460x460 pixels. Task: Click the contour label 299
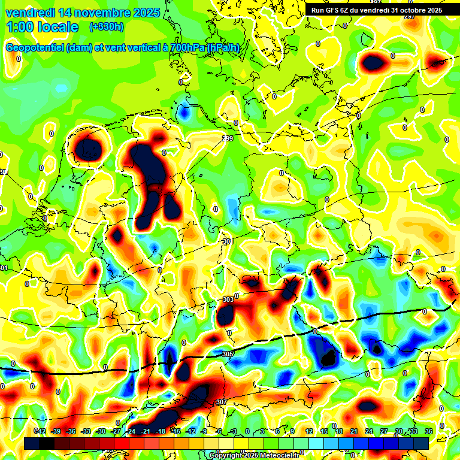point(227,139)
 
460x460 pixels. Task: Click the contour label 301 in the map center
point(227,241)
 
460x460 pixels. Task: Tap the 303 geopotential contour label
point(228,299)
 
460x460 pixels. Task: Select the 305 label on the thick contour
point(227,354)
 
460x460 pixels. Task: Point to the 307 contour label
point(221,402)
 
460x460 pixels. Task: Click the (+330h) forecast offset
point(106,27)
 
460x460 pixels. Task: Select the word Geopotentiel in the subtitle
point(37,48)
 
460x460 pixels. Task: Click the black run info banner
point(376,10)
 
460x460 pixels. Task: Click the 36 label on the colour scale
point(428,431)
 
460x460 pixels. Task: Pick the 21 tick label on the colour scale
point(353,431)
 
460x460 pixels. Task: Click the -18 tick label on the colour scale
point(160,431)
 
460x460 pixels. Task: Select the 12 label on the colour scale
point(308,431)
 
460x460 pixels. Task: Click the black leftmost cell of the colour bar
point(32,443)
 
